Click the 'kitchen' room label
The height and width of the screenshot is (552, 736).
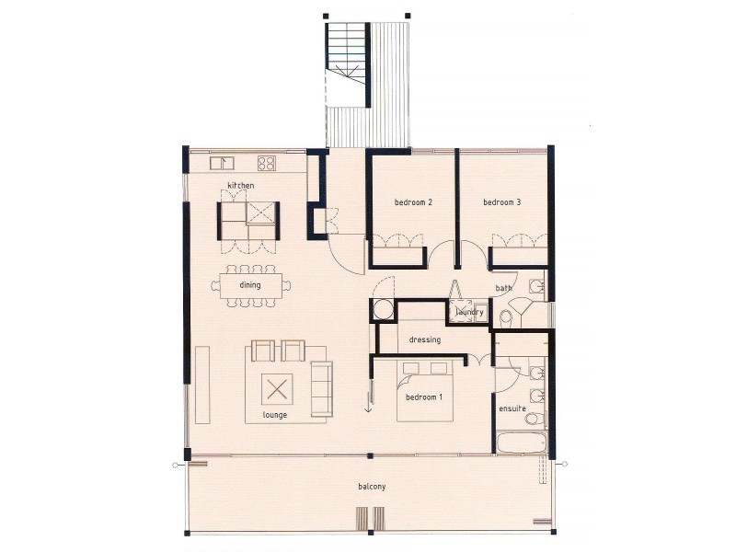click(x=241, y=186)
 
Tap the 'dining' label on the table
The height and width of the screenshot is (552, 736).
click(x=249, y=285)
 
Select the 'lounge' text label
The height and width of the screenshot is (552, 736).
click(x=274, y=415)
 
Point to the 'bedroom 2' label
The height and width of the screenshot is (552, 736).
click(x=413, y=202)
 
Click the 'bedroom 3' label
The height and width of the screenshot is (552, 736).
click(x=501, y=202)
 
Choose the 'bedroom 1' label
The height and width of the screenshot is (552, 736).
click(x=423, y=397)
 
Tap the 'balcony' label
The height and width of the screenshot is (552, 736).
click(x=372, y=486)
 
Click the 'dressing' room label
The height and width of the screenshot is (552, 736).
click(x=425, y=339)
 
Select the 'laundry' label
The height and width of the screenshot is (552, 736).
click(x=469, y=313)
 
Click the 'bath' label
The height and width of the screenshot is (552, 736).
click(x=503, y=288)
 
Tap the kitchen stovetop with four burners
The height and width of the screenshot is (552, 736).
click(x=267, y=164)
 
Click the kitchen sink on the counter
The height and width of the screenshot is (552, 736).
click(x=220, y=164)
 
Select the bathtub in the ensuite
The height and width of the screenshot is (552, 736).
click(x=521, y=443)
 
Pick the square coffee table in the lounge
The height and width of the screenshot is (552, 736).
click(x=276, y=389)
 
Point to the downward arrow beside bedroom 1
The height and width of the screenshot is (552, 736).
click(x=368, y=405)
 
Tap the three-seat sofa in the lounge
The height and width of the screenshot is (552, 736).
click(x=321, y=387)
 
